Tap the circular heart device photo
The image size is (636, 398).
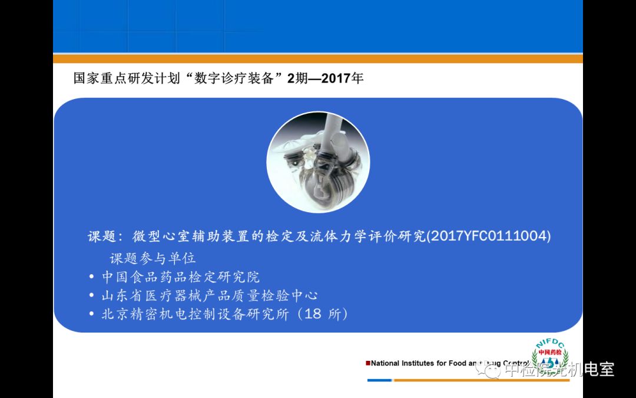[318, 163]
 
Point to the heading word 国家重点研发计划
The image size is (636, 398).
[126, 78]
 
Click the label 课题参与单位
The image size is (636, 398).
[153, 258]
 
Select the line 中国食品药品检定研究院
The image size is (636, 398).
[181, 277]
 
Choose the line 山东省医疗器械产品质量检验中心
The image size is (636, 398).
[209, 295]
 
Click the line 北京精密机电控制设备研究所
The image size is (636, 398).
[195, 314]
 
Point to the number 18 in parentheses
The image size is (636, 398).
[313, 314]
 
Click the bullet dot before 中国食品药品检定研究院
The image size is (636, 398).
[92, 277]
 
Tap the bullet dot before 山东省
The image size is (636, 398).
[92, 295]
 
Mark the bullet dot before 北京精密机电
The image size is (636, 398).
[92, 314]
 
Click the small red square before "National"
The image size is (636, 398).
[368, 363]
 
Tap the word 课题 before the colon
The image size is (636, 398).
[101, 236]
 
